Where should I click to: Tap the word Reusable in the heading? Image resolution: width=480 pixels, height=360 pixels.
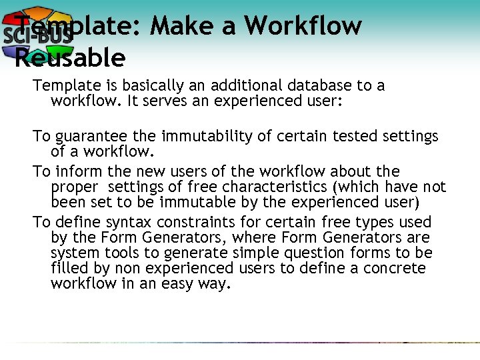70,58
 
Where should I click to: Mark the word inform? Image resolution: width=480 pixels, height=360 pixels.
77,172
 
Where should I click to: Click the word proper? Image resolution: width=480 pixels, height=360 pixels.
73,187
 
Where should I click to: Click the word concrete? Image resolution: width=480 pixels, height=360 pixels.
394,269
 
